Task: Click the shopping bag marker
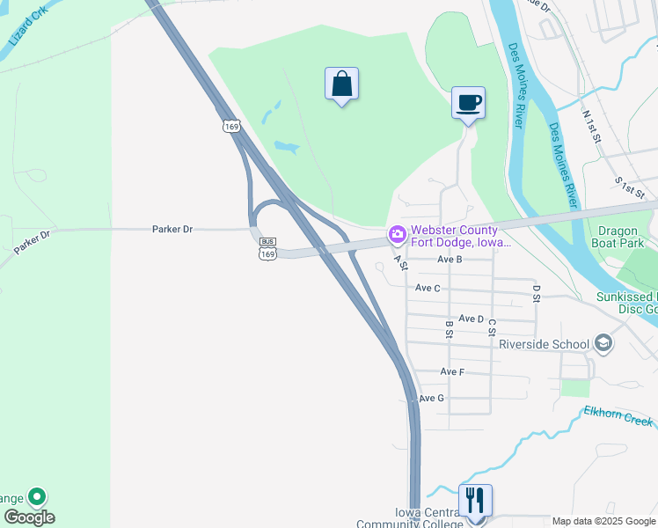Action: [x=340, y=85]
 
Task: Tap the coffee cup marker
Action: [x=468, y=103]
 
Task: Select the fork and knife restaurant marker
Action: [x=475, y=501]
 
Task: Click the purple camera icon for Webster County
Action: [x=397, y=235]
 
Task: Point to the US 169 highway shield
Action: [x=231, y=127]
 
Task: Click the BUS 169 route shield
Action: [x=267, y=247]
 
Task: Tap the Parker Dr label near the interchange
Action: [x=172, y=229]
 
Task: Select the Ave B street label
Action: [x=450, y=260]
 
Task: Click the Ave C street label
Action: [x=428, y=288]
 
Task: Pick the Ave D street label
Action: [x=472, y=319]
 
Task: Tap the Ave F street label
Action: [x=452, y=372]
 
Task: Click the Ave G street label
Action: [x=431, y=399]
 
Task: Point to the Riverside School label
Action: [x=543, y=343]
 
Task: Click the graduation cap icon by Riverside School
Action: [x=603, y=341]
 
